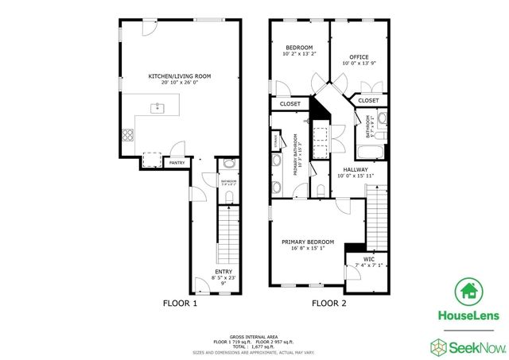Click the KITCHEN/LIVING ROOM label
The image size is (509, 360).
click(x=180, y=76)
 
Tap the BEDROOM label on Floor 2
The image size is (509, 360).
click(x=298, y=48)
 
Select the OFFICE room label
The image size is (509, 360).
click(x=359, y=57)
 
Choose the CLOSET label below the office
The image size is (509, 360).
click(x=368, y=101)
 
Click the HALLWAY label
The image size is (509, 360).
click(x=356, y=170)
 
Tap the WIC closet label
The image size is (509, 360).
click(x=368, y=259)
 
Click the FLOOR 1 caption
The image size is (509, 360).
click(x=180, y=303)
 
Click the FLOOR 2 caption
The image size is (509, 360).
click(x=328, y=303)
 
